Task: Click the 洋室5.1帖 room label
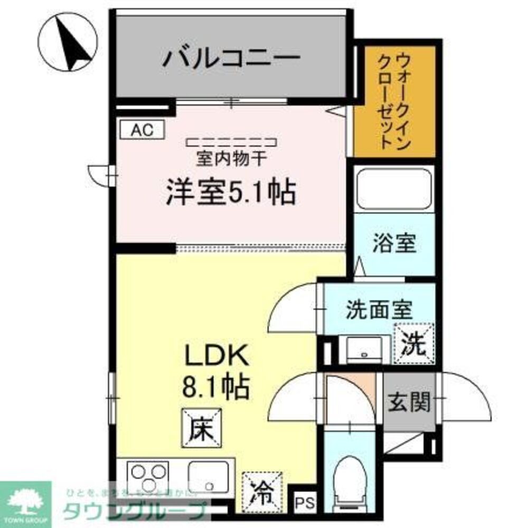tap(230, 192)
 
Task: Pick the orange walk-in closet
tap(395, 100)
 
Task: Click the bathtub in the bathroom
tap(394, 188)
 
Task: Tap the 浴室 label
tap(395, 244)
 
